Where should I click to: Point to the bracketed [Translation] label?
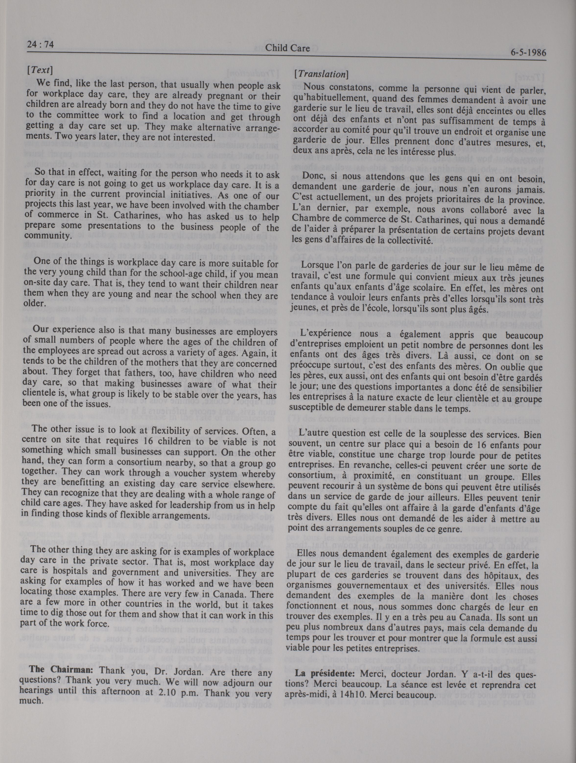[321, 74]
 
